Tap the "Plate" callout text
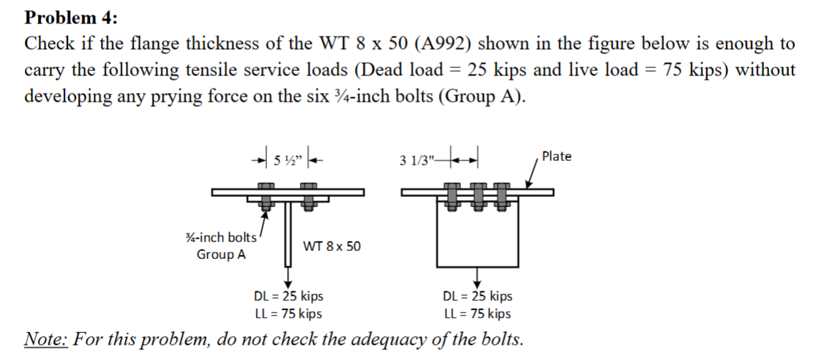tap(556, 157)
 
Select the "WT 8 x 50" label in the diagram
tap(332, 247)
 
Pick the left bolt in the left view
tap(266, 198)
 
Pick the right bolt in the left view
tap(310, 198)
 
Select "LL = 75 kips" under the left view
tap(288, 314)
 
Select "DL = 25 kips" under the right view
tap(478, 296)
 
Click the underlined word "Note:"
tap(46, 340)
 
